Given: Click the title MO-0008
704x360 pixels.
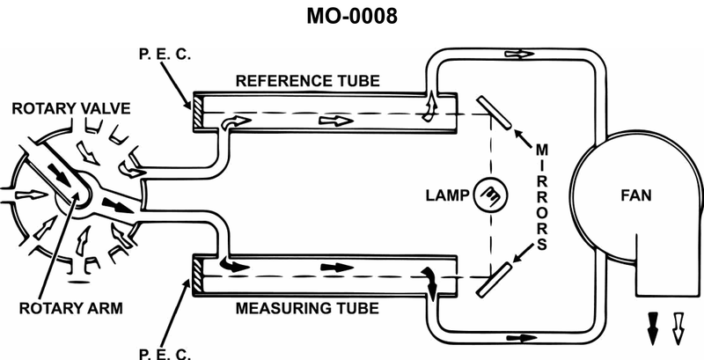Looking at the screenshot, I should (351, 17).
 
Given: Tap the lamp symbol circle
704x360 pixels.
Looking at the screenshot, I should (487, 194).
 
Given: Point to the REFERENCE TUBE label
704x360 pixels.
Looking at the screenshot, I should (308, 81).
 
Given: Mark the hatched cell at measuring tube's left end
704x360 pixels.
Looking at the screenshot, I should (198, 277).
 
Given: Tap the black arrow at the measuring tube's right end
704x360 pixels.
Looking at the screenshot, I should (430, 278).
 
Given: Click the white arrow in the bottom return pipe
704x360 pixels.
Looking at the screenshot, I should (525, 337).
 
